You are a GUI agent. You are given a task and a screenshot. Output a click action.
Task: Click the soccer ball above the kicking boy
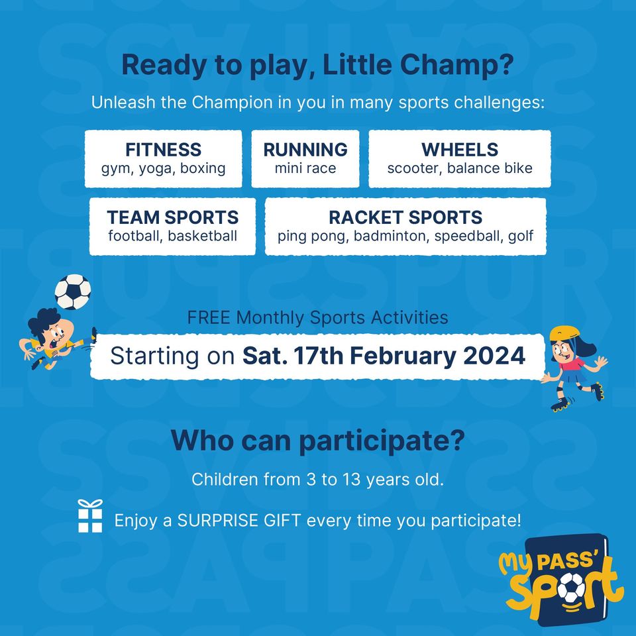tap(73, 291)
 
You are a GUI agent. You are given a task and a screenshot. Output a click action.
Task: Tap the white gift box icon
tap(90, 516)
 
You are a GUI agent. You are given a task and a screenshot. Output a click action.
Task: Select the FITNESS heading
tap(163, 150)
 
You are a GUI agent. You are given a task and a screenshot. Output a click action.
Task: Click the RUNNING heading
tap(305, 150)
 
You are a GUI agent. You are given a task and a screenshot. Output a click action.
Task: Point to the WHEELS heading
tap(460, 150)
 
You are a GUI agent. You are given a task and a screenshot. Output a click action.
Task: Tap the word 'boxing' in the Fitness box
tap(203, 169)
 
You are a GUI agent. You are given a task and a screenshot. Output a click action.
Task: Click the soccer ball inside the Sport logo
tap(572, 588)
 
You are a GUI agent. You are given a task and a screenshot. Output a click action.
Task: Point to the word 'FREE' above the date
tap(209, 317)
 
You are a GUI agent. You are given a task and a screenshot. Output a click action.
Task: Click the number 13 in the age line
tap(351, 480)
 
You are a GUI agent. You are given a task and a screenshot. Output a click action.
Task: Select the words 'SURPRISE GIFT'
tap(239, 520)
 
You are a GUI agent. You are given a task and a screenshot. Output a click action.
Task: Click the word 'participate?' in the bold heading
tap(382, 441)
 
